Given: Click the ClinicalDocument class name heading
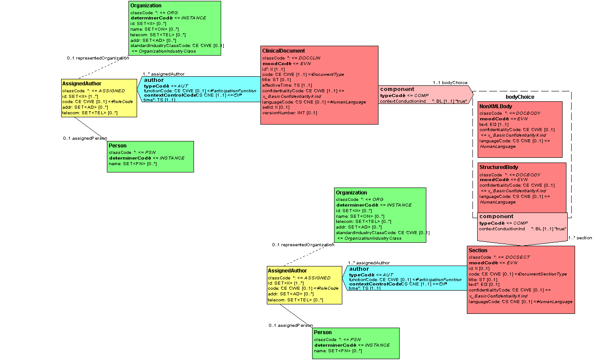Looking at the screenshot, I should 284,51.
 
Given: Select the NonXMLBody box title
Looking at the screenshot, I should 496,106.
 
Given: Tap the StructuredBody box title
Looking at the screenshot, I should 499,167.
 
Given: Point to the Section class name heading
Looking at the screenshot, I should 478,250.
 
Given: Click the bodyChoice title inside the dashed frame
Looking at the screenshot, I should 520,97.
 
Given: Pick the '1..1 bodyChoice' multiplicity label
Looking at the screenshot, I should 450,83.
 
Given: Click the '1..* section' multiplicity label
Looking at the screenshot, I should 580,238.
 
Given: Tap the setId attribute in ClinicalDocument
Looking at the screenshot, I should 276,107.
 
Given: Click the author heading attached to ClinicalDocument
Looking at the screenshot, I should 154,80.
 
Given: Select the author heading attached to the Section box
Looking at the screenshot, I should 359,269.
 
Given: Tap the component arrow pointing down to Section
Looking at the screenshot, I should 497,216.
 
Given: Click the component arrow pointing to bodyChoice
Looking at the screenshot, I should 397,89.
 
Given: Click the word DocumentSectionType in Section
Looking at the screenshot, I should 543,274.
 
